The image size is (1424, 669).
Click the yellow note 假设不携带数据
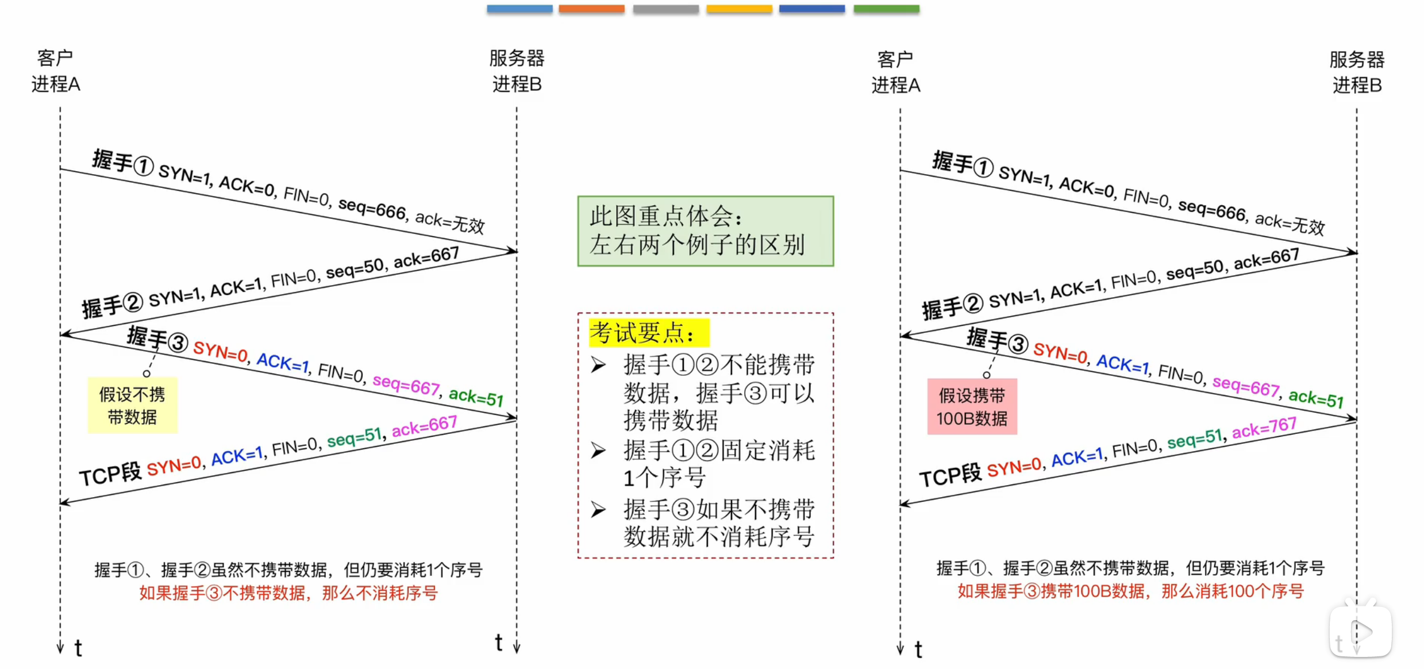[132, 405]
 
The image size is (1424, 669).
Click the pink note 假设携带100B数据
[972, 406]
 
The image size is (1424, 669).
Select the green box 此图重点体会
[705, 231]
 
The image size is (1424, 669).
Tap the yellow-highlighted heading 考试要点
[649, 333]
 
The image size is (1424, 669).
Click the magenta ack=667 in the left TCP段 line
[424, 426]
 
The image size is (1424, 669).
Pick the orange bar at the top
[591, 9]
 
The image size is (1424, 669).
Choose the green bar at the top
[886, 9]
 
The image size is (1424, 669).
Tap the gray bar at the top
[665, 9]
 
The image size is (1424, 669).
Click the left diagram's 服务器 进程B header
[517, 71]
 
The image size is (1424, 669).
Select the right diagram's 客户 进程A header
[896, 72]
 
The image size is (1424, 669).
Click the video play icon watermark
[1360, 632]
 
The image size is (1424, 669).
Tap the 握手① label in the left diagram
[122, 162]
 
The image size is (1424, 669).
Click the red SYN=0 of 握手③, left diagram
[220, 351]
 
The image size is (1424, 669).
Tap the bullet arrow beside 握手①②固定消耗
[598, 451]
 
